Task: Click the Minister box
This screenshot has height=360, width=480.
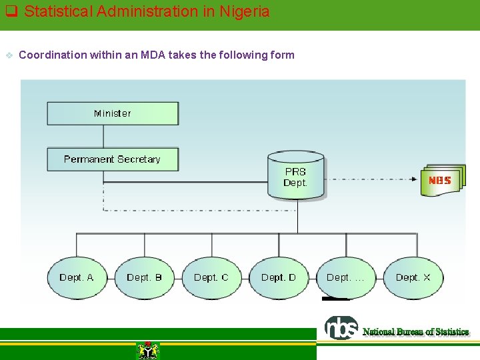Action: [113, 113]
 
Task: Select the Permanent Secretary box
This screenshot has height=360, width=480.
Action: [113, 159]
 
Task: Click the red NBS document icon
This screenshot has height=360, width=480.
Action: [441, 180]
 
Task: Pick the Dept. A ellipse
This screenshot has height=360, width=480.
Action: [77, 277]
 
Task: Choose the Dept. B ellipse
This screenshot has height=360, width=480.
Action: [144, 277]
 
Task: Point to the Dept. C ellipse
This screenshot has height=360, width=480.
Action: [211, 277]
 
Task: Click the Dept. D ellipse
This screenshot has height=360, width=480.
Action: [279, 277]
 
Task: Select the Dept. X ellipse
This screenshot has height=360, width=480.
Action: [413, 277]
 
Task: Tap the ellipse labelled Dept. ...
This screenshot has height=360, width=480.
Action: [346, 277]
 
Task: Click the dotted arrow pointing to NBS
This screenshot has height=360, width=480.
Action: [373, 179]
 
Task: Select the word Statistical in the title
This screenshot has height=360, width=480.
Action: [55, 11]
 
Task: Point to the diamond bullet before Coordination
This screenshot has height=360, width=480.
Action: [9, 55]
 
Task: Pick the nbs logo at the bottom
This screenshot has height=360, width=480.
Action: [341, 328]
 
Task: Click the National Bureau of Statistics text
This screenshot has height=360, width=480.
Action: [415, 332]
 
